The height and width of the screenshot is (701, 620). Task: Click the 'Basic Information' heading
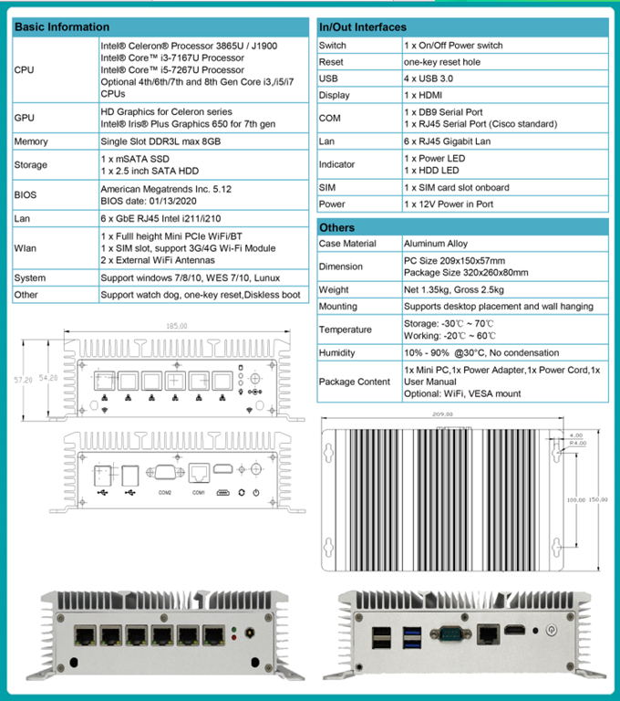tap(62, 27)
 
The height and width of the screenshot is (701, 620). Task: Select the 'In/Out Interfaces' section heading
tap(362, 27)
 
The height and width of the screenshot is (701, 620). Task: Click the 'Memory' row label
tap(31, 141)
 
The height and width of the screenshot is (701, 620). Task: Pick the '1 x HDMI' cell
tap(424, 95)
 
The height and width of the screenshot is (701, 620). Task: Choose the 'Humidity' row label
tap(337, 352)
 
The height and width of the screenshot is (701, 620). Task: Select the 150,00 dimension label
tap(598, 499)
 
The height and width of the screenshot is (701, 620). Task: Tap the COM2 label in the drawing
tap(164, 493)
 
